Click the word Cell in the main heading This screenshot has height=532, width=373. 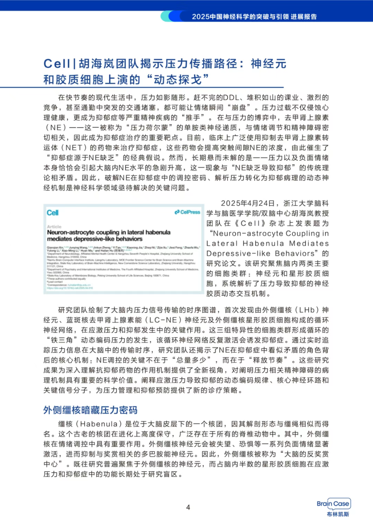coord(57,63)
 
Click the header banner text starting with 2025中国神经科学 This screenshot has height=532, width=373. coord(254,16)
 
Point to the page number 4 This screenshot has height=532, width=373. coord(188,507)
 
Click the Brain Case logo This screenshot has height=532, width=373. coord(333,503)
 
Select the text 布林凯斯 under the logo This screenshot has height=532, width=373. coord(338,514)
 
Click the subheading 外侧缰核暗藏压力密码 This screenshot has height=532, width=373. coord(90,410)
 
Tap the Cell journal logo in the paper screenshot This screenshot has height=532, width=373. coord(53,213)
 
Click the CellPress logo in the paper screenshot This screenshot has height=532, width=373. coord(187,212)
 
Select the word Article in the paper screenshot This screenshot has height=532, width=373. coord(54,226)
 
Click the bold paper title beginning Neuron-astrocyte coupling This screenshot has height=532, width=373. coord(108,235)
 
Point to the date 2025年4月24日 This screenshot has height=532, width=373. coord(248,203)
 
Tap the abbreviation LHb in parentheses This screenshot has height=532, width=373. coord(307,310)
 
